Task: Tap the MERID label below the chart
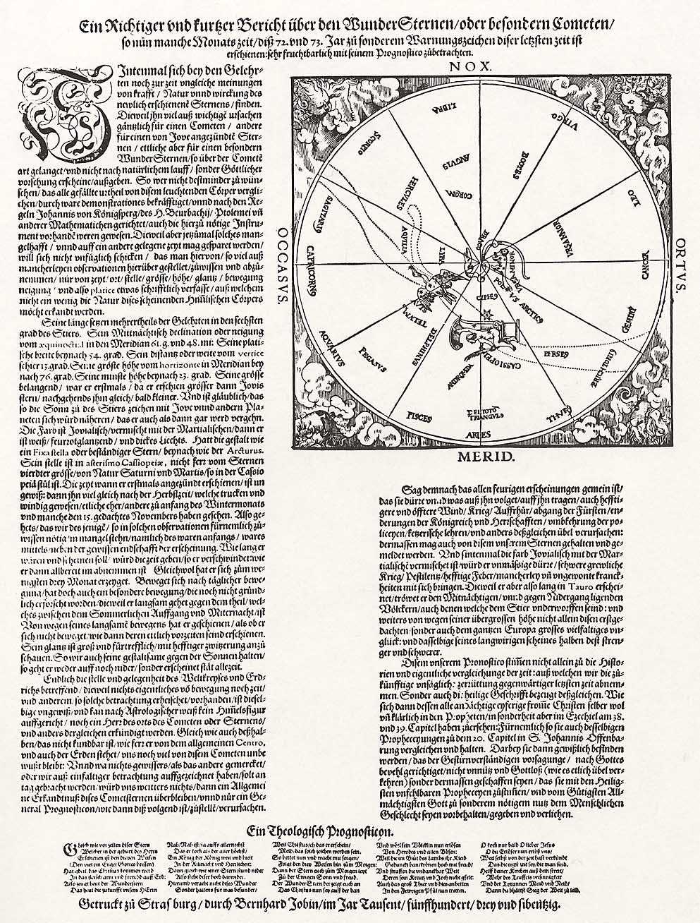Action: coord(477,458)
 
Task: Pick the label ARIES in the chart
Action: coord(477,427)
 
